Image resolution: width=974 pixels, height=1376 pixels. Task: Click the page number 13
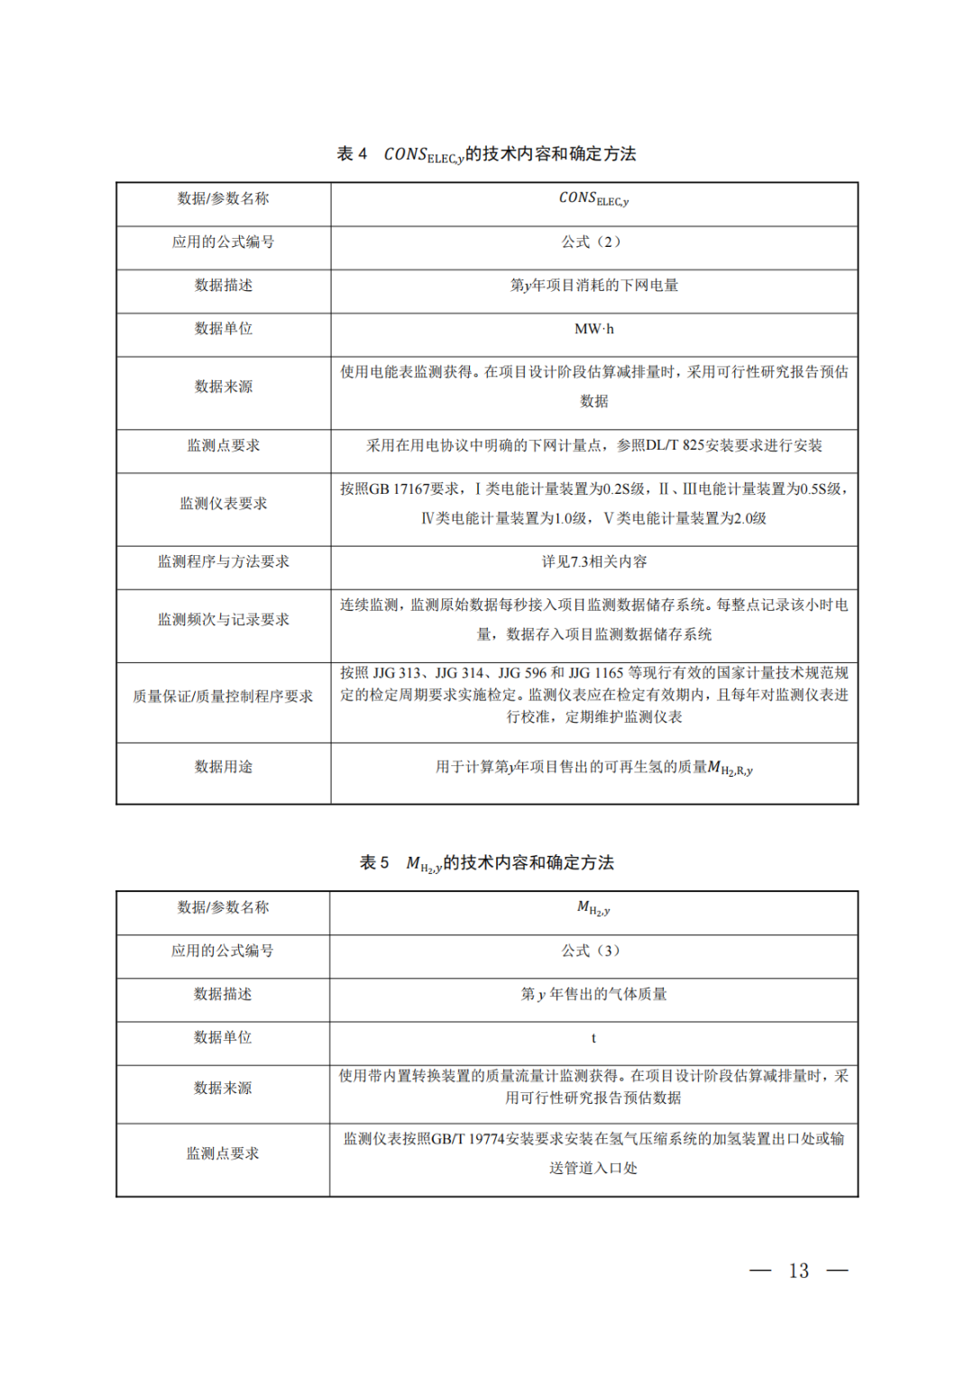tap(798, 1271)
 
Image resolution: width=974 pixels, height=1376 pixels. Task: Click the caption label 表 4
tap(352, 154)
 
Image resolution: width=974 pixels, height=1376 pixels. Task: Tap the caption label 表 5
tap(374, 863)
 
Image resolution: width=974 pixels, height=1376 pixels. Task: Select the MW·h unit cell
tap(593, 329)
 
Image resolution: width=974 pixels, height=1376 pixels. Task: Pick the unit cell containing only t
tap(593, 1038)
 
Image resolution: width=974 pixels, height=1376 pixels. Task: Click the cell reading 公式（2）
tap(593, 241)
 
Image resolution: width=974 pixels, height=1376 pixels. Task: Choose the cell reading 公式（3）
tap(593, 951)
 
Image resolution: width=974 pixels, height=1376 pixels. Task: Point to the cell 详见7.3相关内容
tap(593, 561)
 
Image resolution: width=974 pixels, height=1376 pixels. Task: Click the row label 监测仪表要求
tap(223, 504)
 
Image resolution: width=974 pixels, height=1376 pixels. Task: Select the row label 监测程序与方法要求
tap(223, 561)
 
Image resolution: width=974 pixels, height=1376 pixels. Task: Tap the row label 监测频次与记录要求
tap(223, 620)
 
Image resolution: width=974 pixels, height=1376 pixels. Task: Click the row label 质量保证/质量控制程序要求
tap(223, 697)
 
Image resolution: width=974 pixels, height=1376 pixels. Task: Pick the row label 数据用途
tap(223, 767)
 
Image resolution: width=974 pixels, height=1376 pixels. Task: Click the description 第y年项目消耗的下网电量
tap(593, 286)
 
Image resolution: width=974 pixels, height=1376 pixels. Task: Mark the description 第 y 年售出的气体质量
tap(593, 995)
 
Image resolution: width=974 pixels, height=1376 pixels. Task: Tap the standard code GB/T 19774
tap(467, 1139)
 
